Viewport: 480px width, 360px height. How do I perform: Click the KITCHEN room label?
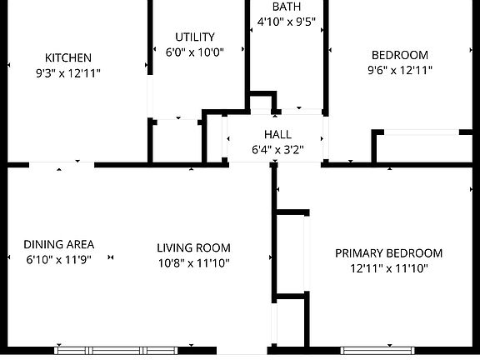68,57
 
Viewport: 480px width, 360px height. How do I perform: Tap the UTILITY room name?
195,37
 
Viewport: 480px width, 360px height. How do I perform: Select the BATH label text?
287,7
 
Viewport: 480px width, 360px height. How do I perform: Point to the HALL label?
277,134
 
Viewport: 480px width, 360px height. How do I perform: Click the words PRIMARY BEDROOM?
389,253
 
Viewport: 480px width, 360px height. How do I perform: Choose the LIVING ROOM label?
193,248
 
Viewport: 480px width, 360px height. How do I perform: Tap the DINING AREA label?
59,245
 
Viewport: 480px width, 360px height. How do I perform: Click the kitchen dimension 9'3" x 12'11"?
68,73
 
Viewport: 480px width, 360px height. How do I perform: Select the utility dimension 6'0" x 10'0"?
195,52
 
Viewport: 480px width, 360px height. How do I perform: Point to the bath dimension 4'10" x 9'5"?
286,22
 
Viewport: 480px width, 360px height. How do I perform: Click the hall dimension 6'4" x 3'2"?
277,150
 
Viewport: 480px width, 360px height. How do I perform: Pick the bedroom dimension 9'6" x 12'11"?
400,70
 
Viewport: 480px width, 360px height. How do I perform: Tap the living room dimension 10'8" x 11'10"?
193,263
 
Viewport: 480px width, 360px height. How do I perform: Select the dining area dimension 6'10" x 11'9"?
59,260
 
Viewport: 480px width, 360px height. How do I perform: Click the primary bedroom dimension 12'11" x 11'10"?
389,269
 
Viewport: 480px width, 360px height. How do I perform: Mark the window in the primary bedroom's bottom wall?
377,351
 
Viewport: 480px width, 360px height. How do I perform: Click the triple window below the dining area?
116,351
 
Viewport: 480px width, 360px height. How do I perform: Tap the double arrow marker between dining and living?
111,257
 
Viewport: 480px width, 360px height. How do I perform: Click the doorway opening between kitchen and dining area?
62,165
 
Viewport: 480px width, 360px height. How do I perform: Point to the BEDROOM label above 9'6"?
400,55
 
